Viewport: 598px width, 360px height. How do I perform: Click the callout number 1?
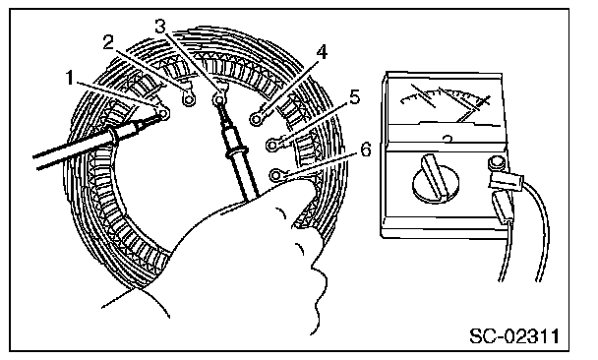(70, 78)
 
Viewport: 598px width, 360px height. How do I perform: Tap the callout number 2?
(109, 42)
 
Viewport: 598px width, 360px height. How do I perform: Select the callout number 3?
(160, 27)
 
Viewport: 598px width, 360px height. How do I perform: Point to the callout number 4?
(323, 52)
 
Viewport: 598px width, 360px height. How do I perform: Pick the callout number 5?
(354, 97)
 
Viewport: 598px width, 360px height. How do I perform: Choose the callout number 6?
(366, 150)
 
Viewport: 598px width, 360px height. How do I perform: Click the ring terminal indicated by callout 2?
(189, 98)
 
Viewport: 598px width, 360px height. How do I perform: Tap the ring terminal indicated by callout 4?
(258, 119)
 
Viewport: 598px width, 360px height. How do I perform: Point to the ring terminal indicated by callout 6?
(276, 175)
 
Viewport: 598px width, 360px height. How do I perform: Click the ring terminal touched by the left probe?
(164, 113)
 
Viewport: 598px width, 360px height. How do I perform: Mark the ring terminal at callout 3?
(219, 98)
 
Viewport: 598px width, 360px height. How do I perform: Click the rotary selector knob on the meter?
(436, 178)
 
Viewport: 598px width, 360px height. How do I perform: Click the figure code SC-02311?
(513, 335)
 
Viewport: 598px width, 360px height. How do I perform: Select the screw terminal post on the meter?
(496, 163)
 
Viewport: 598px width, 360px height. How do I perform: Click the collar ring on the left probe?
(113, 138)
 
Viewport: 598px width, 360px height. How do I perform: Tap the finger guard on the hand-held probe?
(236, 151)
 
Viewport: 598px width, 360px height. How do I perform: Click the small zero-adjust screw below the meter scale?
(448, 138)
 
